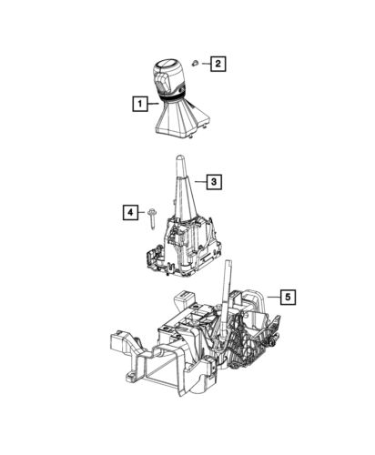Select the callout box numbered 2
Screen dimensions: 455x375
[x=218, y=63]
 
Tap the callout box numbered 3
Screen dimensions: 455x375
[x=211, y=183]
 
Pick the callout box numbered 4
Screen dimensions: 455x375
[x=131, y=214]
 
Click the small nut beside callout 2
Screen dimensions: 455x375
[x=194, y=62]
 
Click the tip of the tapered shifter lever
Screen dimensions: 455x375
[x=177, y=159]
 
